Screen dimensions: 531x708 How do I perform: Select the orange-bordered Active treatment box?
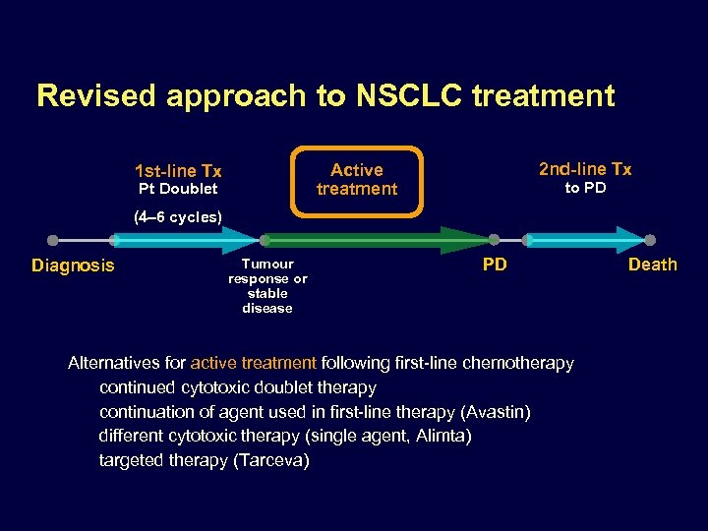(x=357, y=180)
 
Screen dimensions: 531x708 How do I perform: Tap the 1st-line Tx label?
(x=178, y=171)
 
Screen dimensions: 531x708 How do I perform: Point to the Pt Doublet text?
(x=178, y=189)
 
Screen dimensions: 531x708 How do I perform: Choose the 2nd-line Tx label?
(x=585, y=169)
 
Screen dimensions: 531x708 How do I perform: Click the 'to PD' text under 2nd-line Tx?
(x=585, y=188)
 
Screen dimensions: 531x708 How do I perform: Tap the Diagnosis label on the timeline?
(x=73, y=265)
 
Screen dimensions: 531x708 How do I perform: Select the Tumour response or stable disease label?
(x=267, y=285)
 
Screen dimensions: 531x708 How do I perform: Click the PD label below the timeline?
(x=495, y=265)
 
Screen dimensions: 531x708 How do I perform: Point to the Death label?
(x=653, y=265)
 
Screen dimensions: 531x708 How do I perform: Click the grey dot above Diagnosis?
(x=53, y=240)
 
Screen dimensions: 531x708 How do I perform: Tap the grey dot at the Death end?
(x=650, y=240)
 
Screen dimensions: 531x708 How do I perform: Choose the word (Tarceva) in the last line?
(x=271, y=460)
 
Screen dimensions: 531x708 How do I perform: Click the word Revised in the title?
(x=97, y=95)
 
